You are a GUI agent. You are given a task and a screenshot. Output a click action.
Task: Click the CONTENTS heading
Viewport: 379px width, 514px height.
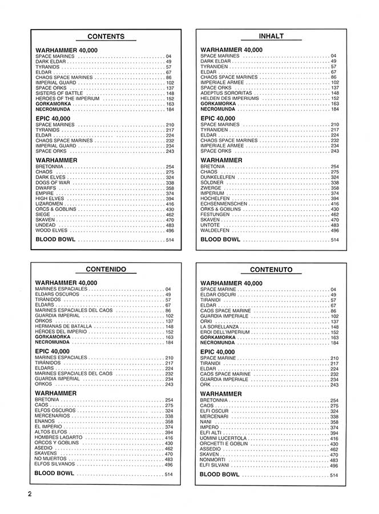(x=106, y=37)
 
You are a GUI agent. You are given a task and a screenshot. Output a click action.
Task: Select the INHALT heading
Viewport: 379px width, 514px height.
(x=271, y=36)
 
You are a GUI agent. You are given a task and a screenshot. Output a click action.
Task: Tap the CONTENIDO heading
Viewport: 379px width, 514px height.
(x=106, y=269)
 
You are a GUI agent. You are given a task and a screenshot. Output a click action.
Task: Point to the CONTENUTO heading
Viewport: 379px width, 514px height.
(x=271, y=270)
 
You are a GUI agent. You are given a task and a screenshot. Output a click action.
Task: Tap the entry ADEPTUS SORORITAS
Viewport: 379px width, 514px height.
(x=227, y=93)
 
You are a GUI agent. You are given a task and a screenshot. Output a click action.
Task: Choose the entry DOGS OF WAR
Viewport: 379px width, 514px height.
(x=53, y=183)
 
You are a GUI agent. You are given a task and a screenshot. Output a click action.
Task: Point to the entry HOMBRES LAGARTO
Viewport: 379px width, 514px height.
(x=59, y=437)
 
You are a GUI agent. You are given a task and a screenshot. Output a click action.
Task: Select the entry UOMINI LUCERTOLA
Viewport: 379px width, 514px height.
(x=223, y=438)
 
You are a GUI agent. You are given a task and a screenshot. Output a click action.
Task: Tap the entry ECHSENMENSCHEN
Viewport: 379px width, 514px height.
(x=224, y=204)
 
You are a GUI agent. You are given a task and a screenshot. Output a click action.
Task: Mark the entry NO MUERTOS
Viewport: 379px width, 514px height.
(x=52, y=459)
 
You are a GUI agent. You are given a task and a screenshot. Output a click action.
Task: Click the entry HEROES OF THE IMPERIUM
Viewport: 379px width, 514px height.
(x=67, y=98)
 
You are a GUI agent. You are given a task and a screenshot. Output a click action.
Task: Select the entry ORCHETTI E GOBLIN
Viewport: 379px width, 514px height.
(x=224, y=444)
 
